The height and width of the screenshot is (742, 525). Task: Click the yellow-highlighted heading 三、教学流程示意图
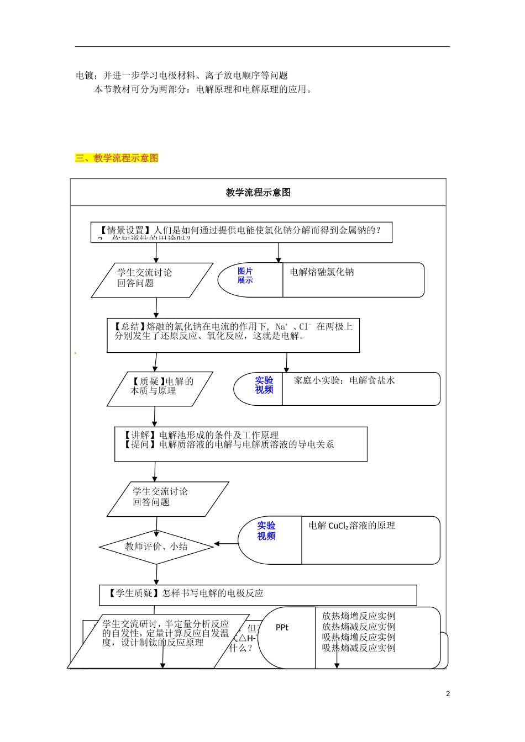tap(117, 158)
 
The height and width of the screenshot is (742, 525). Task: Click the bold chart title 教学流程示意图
tap(258, 193)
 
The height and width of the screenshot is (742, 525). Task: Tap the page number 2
tap(448, 693)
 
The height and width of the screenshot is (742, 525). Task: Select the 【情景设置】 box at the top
tap(241, 232)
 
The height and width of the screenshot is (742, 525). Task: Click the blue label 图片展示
tap(245, 275)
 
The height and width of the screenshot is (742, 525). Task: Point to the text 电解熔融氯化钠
tap(322, 272)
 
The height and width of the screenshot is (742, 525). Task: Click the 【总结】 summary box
tap(233, 335)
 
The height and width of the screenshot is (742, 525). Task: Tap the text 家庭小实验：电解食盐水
tap(344, 380)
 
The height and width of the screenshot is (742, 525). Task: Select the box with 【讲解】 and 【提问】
tap(240, 443)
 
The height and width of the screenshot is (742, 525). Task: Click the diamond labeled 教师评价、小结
tap(156, 547)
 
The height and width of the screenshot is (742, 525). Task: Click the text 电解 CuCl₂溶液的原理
tap(351, 526)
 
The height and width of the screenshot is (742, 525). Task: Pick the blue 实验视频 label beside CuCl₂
tap(266, 531)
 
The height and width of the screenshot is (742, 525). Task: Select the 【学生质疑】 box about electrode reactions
tap(258, 594)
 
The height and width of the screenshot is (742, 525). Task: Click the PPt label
tap(282, 628)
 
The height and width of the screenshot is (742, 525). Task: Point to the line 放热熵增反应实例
tap(359, 616)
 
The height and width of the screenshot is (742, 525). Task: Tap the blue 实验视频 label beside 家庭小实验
tap(264, 385)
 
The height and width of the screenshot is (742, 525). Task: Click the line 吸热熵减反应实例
tap(359, 648)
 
